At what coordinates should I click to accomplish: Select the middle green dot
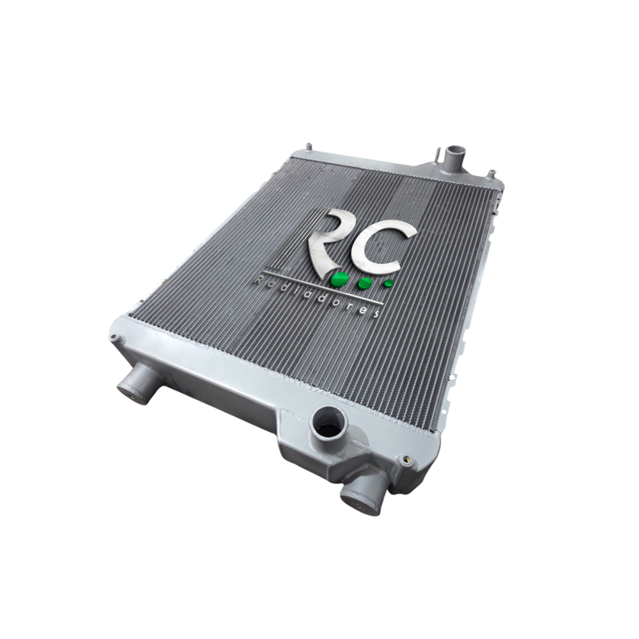point(364,284)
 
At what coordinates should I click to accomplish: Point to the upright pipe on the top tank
point(454,155)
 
